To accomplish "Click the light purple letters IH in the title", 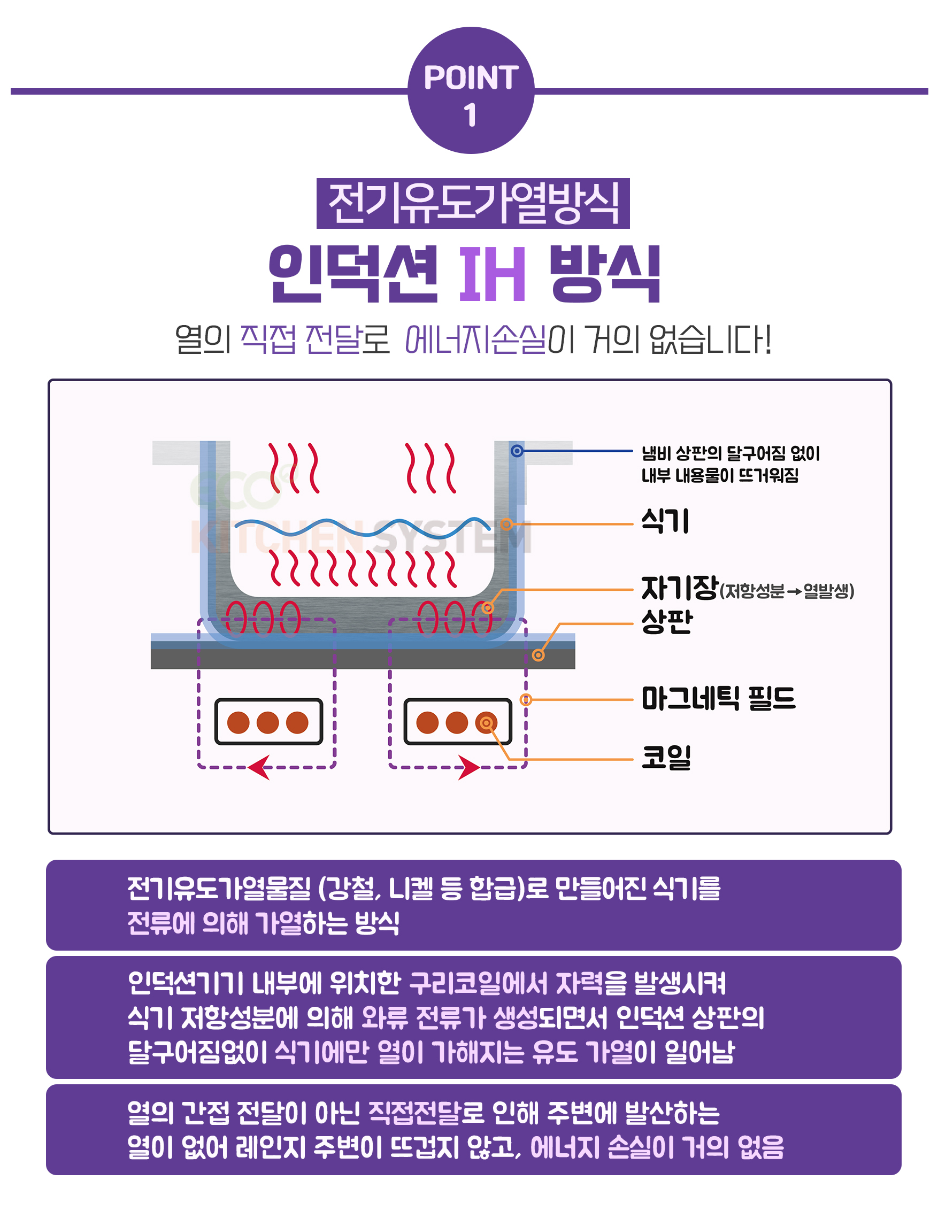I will (491, 274).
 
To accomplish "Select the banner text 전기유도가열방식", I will (473, 204).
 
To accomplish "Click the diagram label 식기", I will (665, 521).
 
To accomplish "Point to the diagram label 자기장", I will (679, 588).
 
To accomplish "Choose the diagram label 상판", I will (666, 622).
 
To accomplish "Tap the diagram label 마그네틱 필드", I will (718, 698).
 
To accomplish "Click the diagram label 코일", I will (666, 757).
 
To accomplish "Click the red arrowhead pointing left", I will (259, 767).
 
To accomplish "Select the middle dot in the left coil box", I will (267, 722).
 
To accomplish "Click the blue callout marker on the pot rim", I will (517, 451).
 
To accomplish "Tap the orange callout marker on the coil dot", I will (486, 722).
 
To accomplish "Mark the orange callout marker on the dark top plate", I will (537, 655).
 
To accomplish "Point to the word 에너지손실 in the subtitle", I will (475, 340).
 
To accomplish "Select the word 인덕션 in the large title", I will (353, 274).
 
